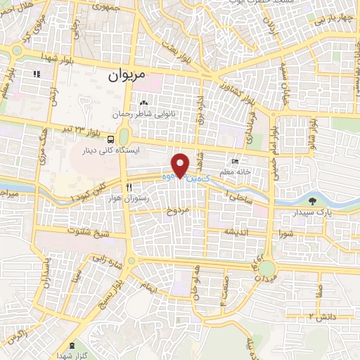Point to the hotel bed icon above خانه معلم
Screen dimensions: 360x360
click(x=245, y=161)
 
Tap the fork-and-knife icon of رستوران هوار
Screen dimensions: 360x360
click(x=128, y=187)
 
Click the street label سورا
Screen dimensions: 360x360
click(x=284, y=231)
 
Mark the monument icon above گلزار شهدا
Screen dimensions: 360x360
click(x=74, y=345)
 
